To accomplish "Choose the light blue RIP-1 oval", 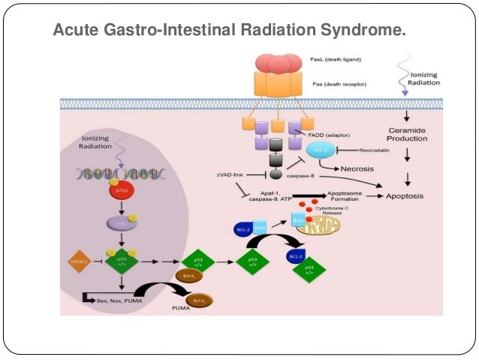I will pos(315,149).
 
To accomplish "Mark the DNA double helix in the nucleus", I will pos(106,174).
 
